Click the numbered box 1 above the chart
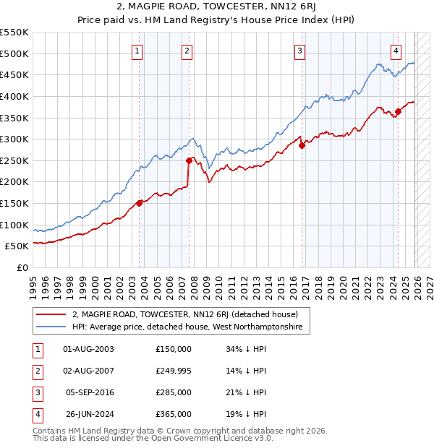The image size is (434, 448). coord(137,50)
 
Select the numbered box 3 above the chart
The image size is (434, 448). coord(299,50)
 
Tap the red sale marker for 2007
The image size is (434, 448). coord(188,160)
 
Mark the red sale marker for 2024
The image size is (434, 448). coord(398,111)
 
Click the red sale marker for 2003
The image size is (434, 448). coord(140,203)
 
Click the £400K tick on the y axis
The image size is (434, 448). coord(14,96)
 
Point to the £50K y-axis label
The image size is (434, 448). coord(17,246)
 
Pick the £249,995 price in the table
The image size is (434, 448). coord(174,371)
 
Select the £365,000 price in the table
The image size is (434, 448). coord(174,415)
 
